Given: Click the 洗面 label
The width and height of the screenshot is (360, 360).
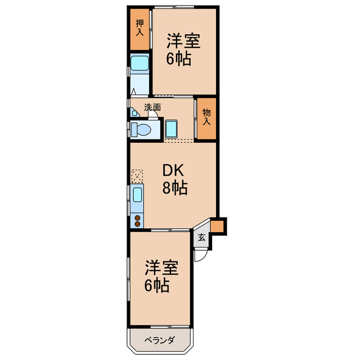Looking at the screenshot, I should pos(152,107).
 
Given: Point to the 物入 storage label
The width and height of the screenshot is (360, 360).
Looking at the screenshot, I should pos(206,117).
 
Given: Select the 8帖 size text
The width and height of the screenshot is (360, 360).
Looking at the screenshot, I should pos(175,188).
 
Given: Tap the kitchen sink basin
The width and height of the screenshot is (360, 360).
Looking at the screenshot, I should pos(137,196).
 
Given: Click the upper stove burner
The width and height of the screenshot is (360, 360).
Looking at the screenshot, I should pos(137,216).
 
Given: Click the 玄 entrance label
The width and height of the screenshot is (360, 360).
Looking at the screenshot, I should pos(202,238).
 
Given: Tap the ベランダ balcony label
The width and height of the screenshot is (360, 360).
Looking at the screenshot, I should pos(159,340).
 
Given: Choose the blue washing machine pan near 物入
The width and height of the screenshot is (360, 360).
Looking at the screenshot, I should pos(172,129).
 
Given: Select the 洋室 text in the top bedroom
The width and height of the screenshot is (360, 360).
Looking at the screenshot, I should pos(184,41).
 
